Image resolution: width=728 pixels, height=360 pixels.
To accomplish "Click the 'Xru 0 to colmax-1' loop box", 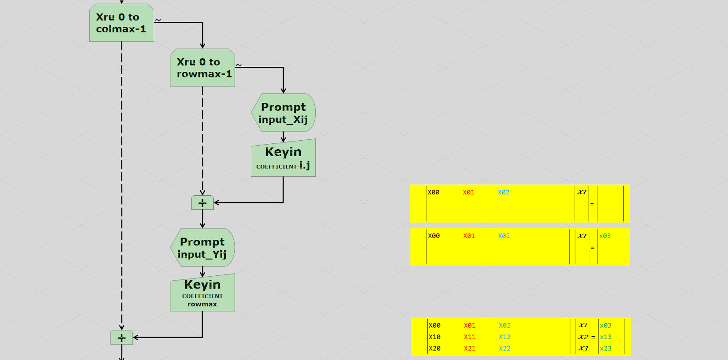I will pos(121,23).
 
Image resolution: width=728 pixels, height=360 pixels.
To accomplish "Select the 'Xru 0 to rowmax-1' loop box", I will pos(202,68).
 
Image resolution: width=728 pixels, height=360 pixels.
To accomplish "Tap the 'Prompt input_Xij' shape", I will pos(283,113).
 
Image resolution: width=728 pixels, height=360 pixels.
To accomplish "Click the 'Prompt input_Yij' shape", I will pos(202,248).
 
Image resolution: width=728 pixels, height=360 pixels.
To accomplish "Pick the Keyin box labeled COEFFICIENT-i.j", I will pos(283,158).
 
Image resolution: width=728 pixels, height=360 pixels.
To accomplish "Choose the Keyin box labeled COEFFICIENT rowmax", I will pos(202,293).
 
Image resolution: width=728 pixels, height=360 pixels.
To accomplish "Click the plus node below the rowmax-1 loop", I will pos(202,203).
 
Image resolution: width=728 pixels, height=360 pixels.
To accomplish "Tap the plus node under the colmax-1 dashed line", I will pos(121,338).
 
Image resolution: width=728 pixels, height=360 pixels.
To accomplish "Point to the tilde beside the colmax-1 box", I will pos(158,20).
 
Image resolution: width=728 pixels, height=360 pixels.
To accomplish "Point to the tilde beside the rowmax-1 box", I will pos(239,65).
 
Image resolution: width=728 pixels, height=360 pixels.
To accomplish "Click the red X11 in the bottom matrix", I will pos(470,337).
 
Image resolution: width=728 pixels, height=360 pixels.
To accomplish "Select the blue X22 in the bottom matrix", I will pos(505,349).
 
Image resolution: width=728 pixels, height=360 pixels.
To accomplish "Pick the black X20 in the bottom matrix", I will pos(435,349).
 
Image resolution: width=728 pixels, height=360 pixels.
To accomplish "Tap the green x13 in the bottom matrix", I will pos(606,337).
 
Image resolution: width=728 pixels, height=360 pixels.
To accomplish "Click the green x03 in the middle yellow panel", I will pos(605,236).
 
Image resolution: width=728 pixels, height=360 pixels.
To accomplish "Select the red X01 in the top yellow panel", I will pos(469,193).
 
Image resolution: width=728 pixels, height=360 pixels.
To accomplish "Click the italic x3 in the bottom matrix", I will pos(583,349).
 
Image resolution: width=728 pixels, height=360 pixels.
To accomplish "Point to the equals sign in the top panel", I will pos(592,204).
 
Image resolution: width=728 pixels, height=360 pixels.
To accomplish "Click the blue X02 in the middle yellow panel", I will pos(504,236).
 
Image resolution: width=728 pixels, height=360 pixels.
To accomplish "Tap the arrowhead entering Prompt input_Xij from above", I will pos(283,91).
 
